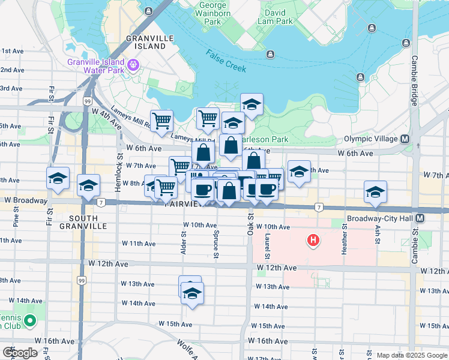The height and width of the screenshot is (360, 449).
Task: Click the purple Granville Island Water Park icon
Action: click(133, 64)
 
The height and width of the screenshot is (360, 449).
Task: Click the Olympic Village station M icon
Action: click(405, 139)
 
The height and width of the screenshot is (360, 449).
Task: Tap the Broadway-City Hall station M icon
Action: click(420, 218)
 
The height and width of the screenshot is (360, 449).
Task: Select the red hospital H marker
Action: click(312, 241)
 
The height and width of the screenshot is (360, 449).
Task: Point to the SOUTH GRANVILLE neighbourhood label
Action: click(83, 221)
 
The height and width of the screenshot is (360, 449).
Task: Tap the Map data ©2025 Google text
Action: click(411, 355)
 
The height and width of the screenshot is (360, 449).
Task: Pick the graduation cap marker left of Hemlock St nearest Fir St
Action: click(58, 179)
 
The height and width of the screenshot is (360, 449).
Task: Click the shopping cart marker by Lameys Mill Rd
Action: click(161, 121)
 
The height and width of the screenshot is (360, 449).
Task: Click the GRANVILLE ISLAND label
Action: click(146, 42)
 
